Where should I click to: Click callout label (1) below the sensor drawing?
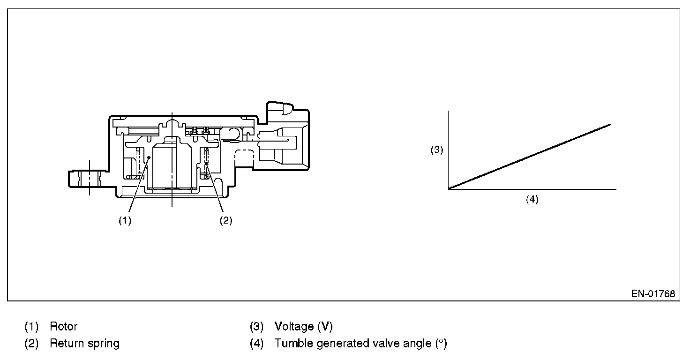pyautogui.click(x=125, y=221)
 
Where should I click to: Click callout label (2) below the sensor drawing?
pyautogui.click(x=226, y=221)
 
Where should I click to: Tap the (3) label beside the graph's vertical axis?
pyautogui.click(x=437, y=150)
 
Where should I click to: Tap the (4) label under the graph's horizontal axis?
pyautogui.click(x=532, y=199)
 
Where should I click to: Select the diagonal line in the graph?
pyautogui.click(x=530, y=157)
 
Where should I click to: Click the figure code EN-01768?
pyautogui.click(x=653, y=294)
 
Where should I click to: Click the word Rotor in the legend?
pyautogui.click(x=64, y=326)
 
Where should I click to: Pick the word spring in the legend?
pyautogui.click(x=104, y=344)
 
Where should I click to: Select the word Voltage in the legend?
pyautogui.click(x=294, y=326)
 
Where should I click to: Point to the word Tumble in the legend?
pyautogui.click(x=294, y=344)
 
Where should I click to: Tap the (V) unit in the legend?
pyautogui.click(x=325, y=326)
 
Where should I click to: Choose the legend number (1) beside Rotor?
pyautogui.click(x=31, y=326)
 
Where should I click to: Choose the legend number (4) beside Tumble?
pyautogui.click(x=257, y=344)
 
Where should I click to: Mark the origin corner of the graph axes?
pyautogui.click(x=449, y=189)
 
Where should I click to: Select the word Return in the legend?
pyautogui.click(x=66, y=344)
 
